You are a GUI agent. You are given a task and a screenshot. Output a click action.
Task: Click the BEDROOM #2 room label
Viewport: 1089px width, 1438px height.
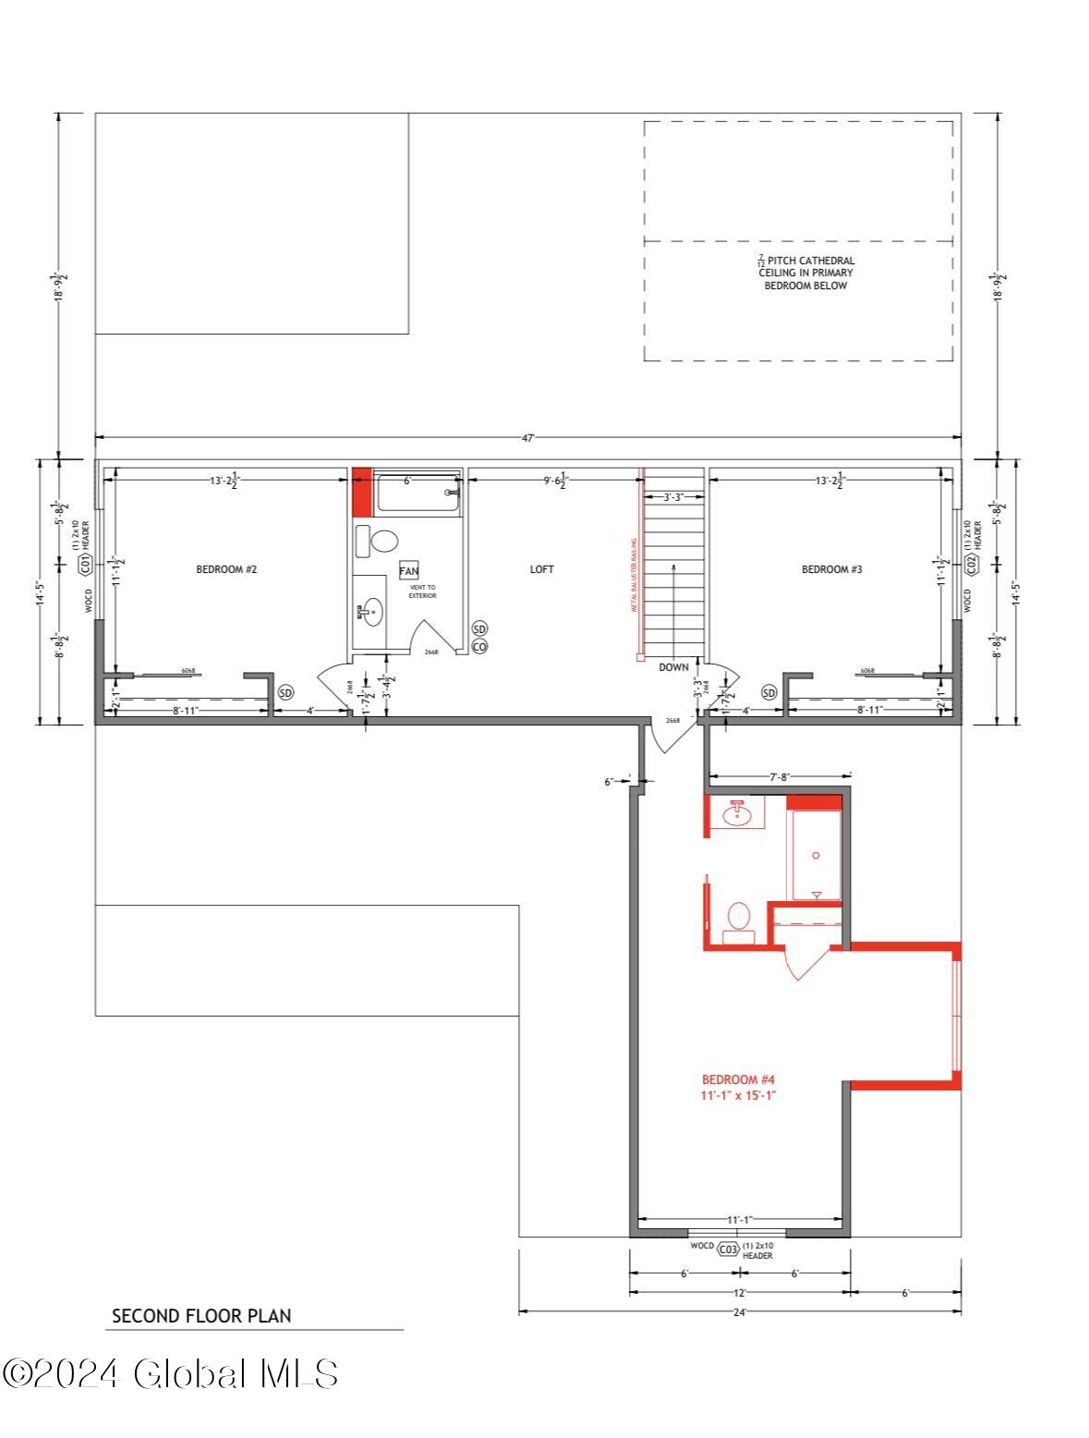[225, 569]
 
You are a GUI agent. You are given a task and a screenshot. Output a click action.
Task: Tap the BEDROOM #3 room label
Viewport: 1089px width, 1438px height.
[831, 569]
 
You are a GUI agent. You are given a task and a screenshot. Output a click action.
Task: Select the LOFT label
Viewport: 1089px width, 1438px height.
[541, 569]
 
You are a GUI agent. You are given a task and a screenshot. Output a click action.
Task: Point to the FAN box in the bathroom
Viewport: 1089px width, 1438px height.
[408, 571]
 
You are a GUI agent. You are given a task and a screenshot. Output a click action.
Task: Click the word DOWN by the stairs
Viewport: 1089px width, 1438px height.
[673, 667]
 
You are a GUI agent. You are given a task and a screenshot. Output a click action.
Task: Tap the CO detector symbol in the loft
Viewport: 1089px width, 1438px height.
[479, 647]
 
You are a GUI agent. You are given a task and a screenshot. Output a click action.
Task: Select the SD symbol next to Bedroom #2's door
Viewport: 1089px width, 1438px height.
[285, 692]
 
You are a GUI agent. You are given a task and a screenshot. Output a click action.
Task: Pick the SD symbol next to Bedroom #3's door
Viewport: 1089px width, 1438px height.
[769, 692]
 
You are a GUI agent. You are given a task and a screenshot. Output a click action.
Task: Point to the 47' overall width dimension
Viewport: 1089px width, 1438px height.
[527, 439]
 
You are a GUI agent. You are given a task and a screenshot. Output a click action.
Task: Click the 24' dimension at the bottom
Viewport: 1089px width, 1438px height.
[739, 1310]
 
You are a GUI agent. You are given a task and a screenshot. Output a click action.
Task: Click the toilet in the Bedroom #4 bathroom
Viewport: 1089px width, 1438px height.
[738, 919]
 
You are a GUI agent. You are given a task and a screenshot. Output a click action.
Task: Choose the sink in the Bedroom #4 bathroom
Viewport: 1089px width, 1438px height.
[737, 813]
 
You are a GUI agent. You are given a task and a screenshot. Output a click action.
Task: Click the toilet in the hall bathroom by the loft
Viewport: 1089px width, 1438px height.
[381, 540]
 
